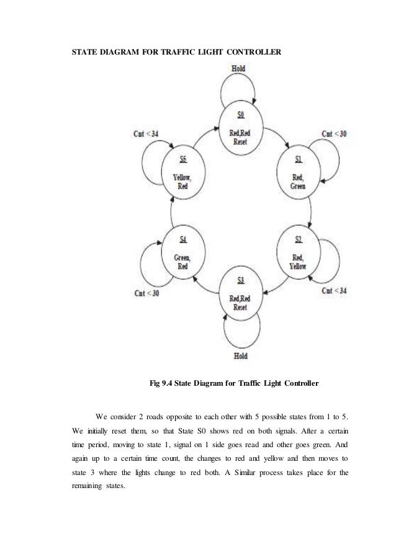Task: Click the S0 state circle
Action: (241, 127)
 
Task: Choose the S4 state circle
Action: (182, 251)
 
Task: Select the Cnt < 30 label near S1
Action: (333, 133)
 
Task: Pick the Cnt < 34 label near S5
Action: (146, 133)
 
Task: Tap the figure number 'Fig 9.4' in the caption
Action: (164, 383)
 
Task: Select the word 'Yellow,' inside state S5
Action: (182, 176)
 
